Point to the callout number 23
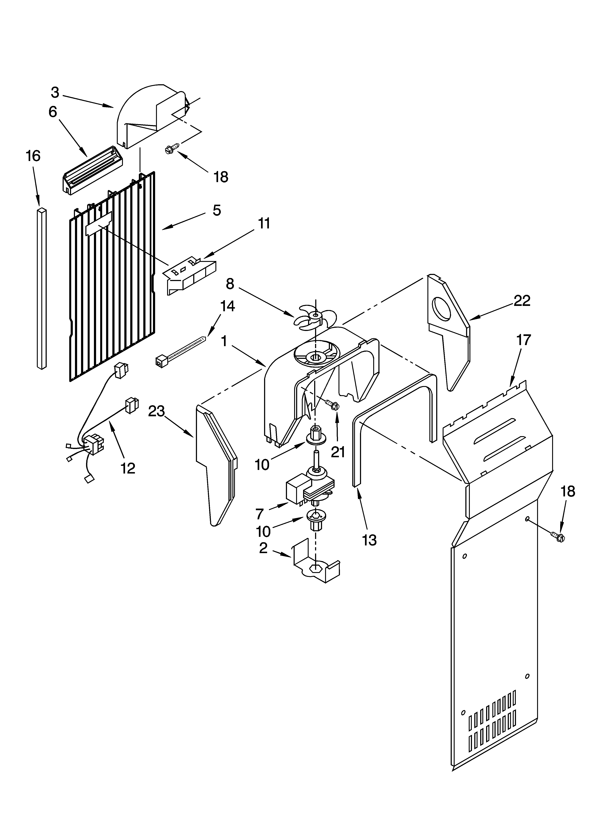[157, 411]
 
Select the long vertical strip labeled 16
[42, 288]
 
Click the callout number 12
[128, 468]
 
